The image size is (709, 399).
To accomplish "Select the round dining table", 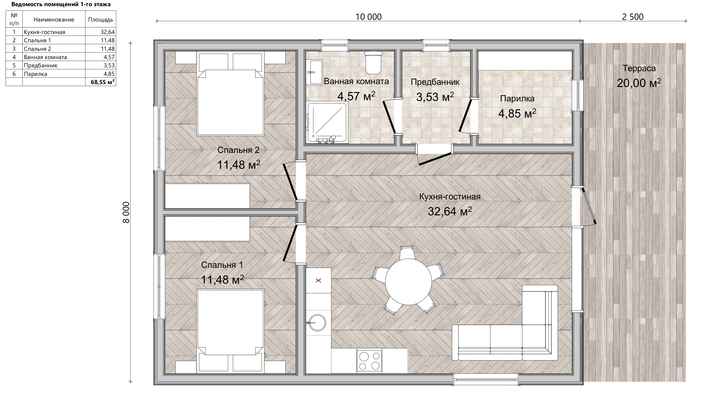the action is tap(408, 282).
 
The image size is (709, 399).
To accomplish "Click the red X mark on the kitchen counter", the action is tap(318, 280).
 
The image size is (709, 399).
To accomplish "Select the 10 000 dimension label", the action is tap(368, 17).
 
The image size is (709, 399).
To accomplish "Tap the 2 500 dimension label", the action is tap(633, 17).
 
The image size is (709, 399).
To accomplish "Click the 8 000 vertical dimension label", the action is tap(126, 212).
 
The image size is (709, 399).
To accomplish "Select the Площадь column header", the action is tap(100, 19).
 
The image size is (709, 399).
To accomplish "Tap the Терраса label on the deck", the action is tap(639, 68).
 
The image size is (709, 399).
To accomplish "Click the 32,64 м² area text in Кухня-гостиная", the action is tap(450, 211).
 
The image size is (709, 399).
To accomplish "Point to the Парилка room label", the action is tap(517, 98).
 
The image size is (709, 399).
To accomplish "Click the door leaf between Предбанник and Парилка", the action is tap(465, 115).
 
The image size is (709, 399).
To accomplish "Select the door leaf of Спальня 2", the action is tap(290, 182).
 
